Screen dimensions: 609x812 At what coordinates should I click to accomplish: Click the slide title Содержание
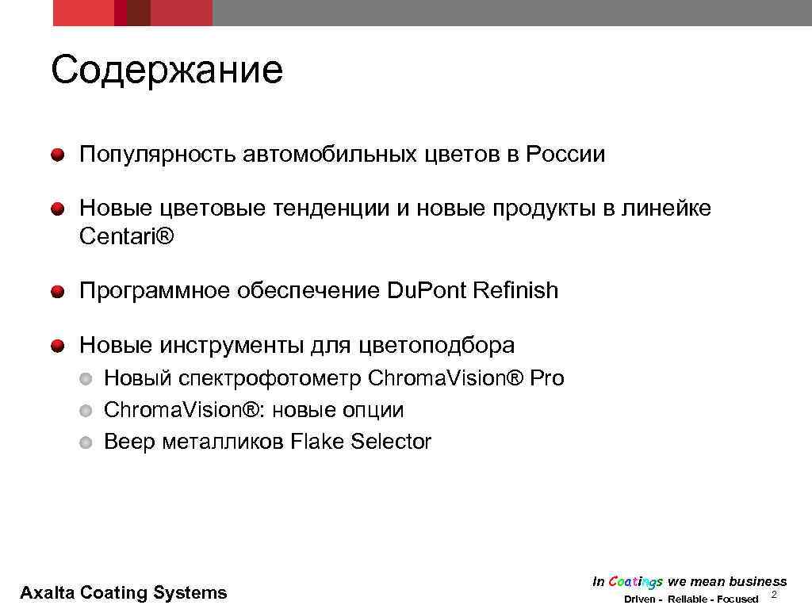click(167, 71)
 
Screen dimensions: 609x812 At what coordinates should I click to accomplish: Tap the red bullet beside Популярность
click(59, 155)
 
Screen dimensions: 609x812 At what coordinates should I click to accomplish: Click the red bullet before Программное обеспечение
click(59, 292)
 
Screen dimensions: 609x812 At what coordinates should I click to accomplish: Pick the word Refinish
click(515, 291)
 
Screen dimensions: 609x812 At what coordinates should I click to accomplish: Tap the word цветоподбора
click(437, 346)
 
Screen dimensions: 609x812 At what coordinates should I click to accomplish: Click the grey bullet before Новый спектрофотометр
click(86, 379)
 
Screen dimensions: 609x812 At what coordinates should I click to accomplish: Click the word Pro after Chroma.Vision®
click(547, 378)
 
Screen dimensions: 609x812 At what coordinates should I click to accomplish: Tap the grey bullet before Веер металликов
click(86, 442)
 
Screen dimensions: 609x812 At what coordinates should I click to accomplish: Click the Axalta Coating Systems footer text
click(123, 592)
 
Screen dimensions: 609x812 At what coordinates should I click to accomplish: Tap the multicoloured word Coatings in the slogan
click(636, 582)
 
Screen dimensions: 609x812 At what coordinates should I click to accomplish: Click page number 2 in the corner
click(774, 595)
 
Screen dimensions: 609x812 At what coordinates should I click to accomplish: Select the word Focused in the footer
click(737, 599)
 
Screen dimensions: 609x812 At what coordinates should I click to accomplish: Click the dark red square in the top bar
click(139, 13)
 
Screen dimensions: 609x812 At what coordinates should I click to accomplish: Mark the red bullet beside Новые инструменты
click(59, 346)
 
